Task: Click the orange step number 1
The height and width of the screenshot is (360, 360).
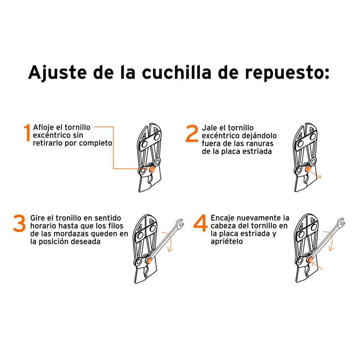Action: [x=27, y=133]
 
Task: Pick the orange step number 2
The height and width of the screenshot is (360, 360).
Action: [x=192, y=134]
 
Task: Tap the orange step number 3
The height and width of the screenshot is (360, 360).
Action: [x=19, y=224]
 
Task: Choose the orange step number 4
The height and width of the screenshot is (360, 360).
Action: [x=200, y=224]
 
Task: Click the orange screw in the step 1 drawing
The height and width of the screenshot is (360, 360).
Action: [x=152, y=168]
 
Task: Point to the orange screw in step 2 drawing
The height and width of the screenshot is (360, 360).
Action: [x=309, y=170]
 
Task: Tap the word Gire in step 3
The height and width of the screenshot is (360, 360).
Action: [x=37, y=218]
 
